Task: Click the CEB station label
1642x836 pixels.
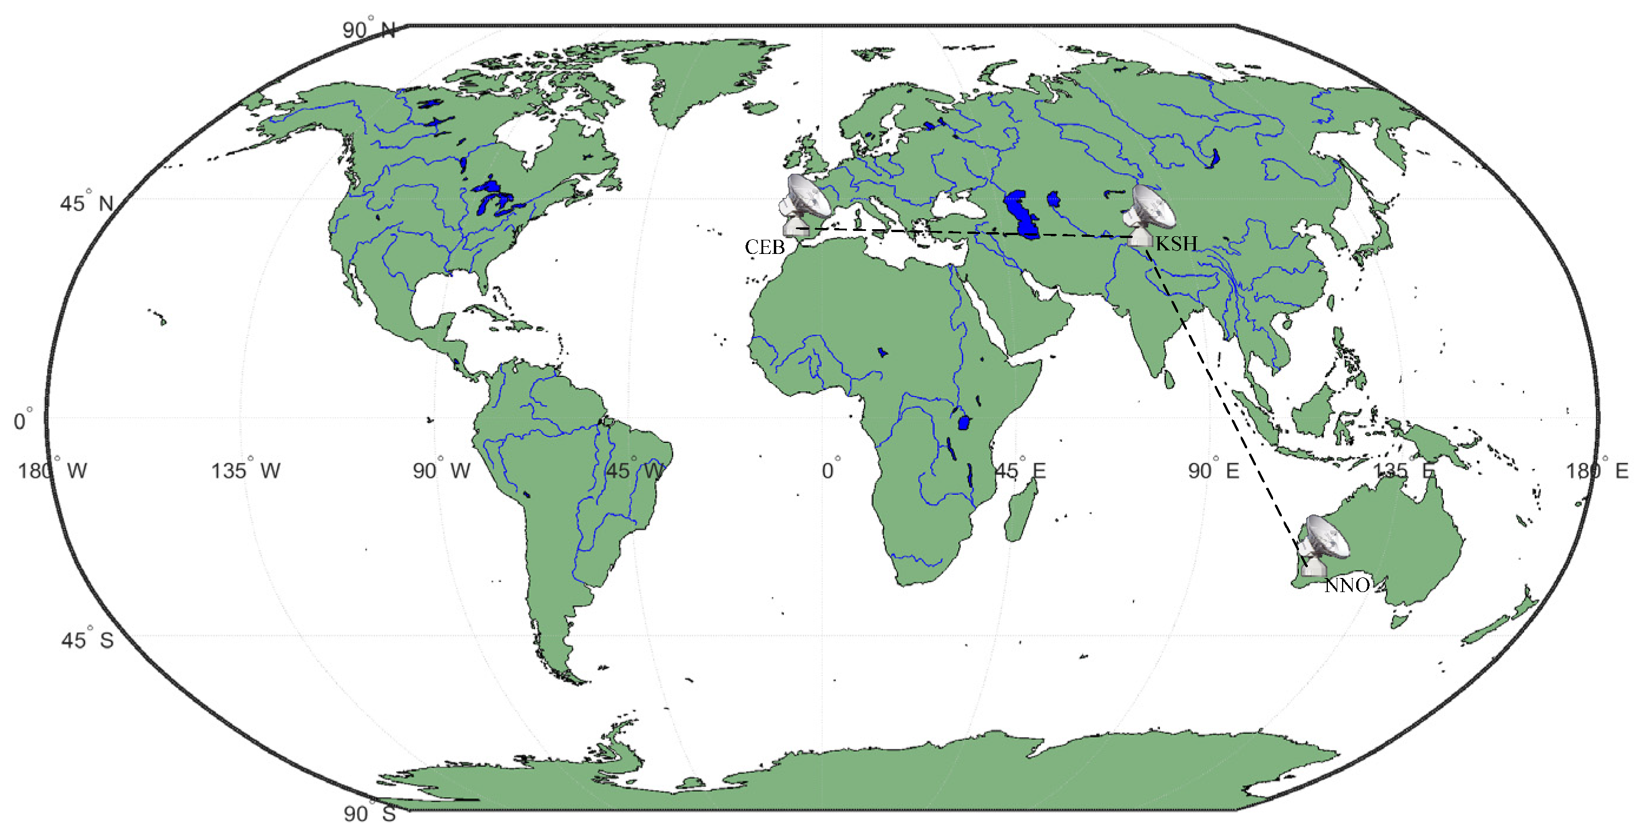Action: point(764,247)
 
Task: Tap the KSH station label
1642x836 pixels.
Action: point(1176,244)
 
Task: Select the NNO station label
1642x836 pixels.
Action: point(1346,586)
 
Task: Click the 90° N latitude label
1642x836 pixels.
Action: point(368,30)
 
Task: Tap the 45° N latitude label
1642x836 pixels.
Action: point(87,203)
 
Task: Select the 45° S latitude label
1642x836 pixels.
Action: point(87,640)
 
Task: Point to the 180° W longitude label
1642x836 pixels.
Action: point(52,471)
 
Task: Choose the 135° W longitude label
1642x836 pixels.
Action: point(246,471)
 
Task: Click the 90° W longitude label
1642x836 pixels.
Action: point(441,471)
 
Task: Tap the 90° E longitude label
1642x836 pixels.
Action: point(1213,471)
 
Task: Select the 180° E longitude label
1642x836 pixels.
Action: point(1597,471)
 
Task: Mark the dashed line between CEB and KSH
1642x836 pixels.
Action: point(956,233)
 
